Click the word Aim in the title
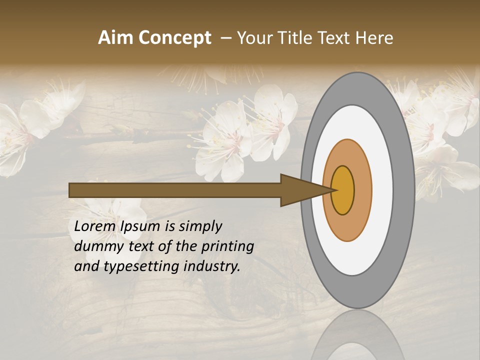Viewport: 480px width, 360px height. click(115, 38)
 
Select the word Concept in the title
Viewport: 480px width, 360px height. click(174, 38)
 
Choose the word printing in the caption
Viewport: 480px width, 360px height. click(227, 246)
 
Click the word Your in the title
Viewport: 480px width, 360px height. click(253, 38)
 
